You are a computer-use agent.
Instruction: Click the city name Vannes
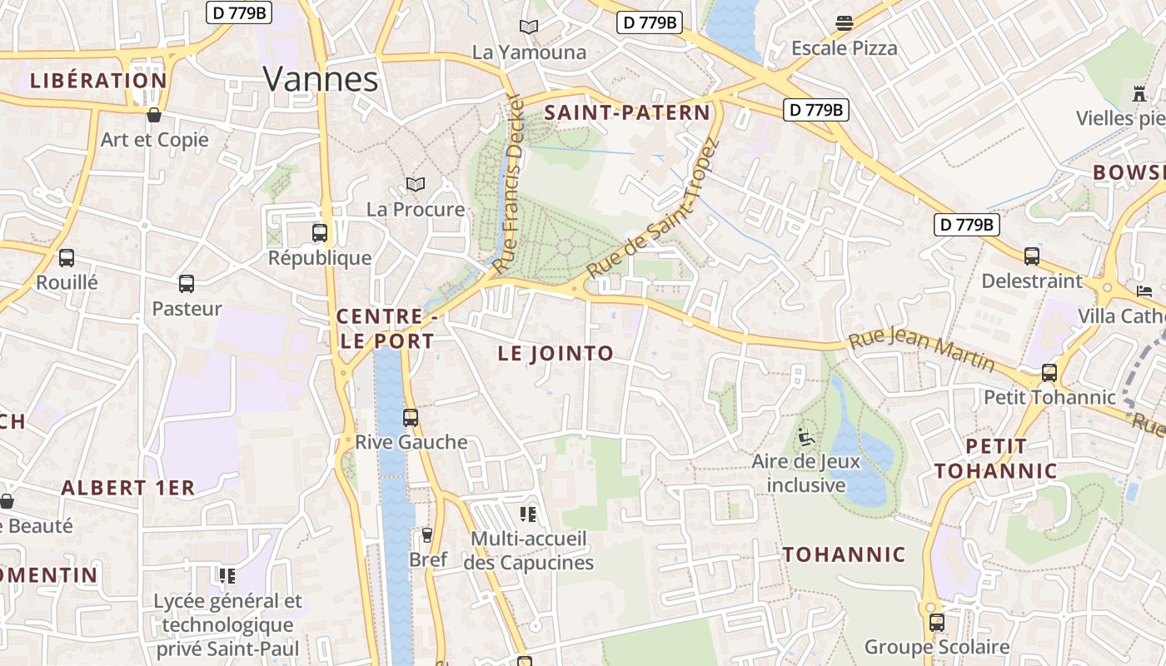coord(321,79)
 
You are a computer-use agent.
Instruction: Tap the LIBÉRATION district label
coord(98,81)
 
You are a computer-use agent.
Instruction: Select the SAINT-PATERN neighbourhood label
coord(627,113)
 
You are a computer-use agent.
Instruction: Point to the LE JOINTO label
coord(556,353)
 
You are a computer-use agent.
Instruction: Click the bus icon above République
coord(320,233)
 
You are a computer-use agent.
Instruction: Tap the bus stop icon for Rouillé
coord(67,258)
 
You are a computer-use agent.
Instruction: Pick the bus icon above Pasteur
coord(187,284)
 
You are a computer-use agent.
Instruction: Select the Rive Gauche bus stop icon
coord(411,417)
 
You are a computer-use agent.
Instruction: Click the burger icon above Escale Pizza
coord(845,23)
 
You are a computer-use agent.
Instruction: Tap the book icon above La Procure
coord(415,184)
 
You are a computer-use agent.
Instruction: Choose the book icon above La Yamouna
coord(529,27)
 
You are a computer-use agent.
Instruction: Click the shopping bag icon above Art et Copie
coord(154,115)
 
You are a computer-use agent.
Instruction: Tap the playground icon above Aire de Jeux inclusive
coord(805,435)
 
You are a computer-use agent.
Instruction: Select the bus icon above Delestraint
coord(1032,256)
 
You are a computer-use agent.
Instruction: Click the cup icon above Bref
coord(428,534)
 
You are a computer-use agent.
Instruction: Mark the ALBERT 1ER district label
coord(127,488)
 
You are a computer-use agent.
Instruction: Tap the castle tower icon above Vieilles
coord(1139,92)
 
